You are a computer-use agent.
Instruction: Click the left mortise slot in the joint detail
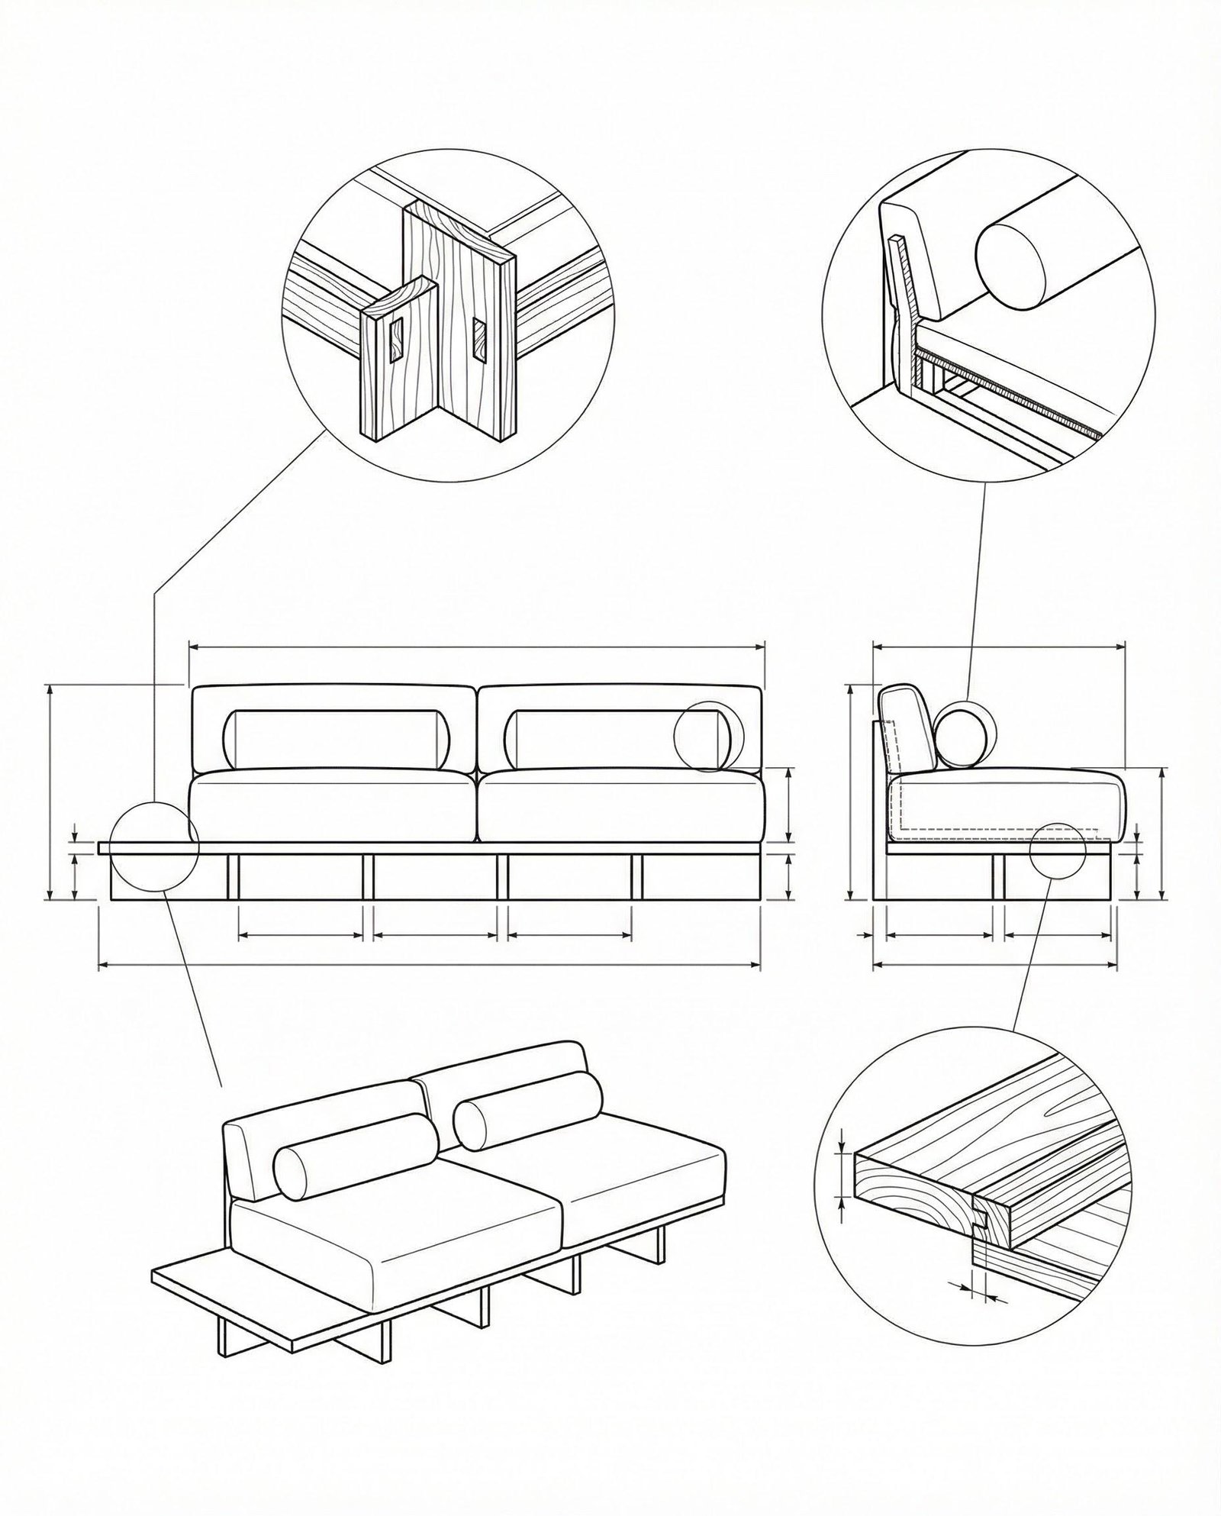point(397,341)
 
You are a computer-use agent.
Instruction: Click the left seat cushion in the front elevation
point(332,807)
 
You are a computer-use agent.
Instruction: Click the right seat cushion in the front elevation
point(622,807)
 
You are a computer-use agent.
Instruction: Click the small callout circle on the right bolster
point(708,736)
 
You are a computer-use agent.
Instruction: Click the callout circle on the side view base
point(1057,850)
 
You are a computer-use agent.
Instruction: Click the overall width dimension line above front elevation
point(476,647)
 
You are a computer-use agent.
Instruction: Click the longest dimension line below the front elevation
point(430,966)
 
